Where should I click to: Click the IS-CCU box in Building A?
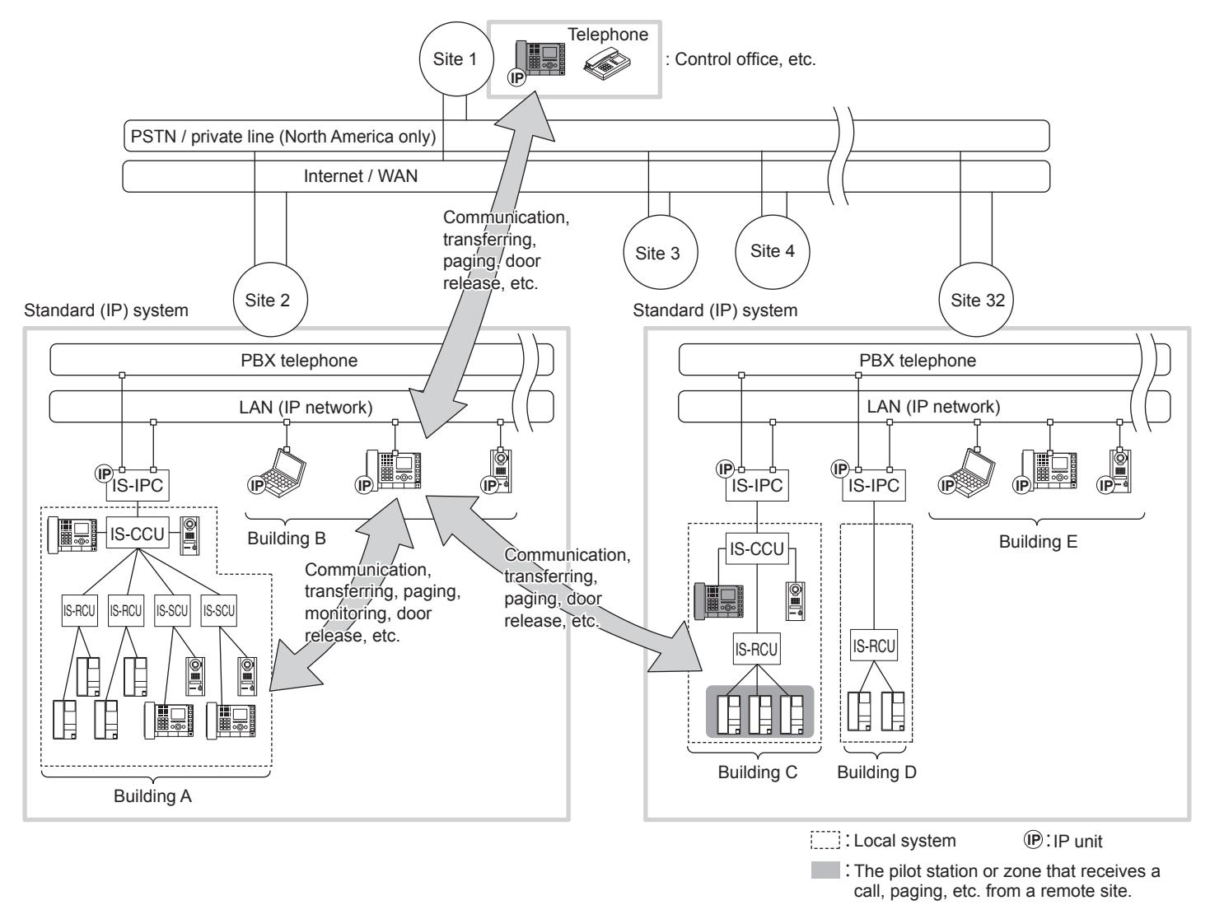click(138, 534)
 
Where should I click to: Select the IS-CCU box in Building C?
click(757, 548)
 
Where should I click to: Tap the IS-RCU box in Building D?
click(874, 645)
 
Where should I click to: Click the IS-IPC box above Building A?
click(138, 485)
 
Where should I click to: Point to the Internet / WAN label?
click(361, 175)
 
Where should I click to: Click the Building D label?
click(876, 772)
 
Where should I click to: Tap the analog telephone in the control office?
click(607, 64)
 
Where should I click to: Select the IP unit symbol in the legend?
click(1033, 840)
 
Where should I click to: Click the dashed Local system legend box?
click(825, 840)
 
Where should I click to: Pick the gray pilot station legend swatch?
click(825, 870)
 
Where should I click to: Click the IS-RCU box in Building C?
click(756, 649)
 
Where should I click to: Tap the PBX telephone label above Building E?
click(918, 361)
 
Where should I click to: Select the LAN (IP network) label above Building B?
click(306, 407)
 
